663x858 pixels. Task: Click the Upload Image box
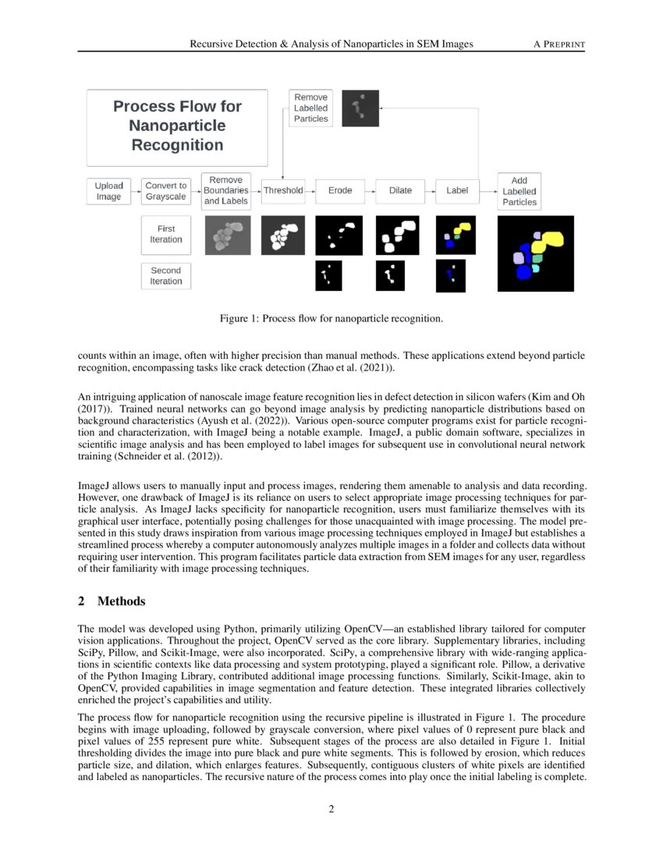[x=108, y=191]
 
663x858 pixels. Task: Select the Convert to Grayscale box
[x=166, y=191]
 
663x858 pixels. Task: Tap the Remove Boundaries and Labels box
[x=226, y=190]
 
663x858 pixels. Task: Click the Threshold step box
[x=283, y=190]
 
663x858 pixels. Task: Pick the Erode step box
[x=340, y=190]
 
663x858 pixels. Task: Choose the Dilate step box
[x=400, y=190]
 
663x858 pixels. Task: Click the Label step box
[x=457, y=190]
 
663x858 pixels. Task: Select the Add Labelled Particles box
[x=519, y=191]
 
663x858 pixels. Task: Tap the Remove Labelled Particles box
[x=311, y=108]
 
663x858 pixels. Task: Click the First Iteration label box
[x=166, y=234]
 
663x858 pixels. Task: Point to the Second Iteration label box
[x=166, y=276]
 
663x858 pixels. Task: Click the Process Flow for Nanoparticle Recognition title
[x=177, y=126]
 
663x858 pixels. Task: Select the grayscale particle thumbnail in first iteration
[x=227, y=236]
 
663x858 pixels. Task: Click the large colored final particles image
[x=535, y=253]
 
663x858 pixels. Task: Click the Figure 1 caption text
[x=331, y=318]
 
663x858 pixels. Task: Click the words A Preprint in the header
[x=558, y=44]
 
